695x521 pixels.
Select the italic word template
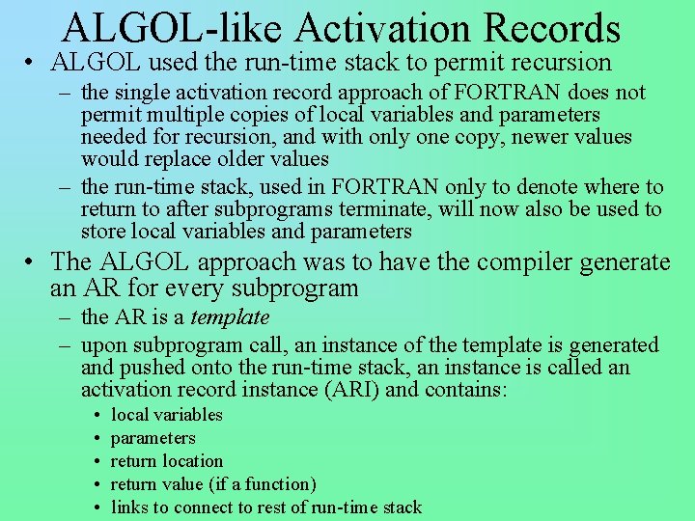click(230, 317)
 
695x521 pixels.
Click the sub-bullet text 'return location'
click(167, 461)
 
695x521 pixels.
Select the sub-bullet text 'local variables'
click(167, 415)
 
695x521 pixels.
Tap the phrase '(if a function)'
click(263, 484)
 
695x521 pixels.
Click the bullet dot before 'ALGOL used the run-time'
click(32, 65)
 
